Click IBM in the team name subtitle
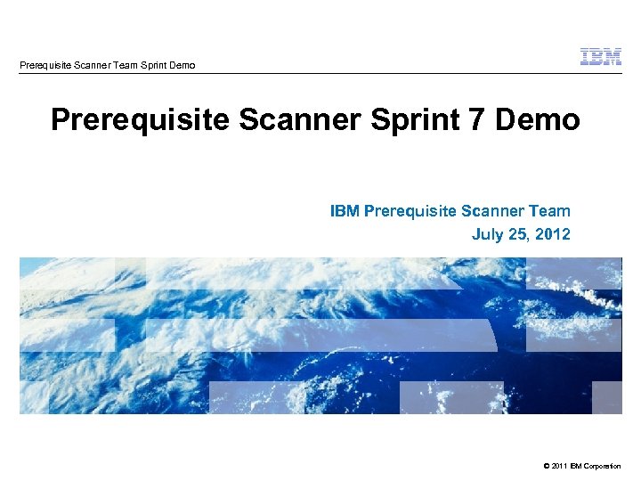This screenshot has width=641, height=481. tap(344, 211)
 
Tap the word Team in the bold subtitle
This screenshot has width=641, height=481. tap(550, 211)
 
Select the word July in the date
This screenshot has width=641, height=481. tap(487, 234)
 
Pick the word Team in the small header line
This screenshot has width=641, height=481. tap(127, 65)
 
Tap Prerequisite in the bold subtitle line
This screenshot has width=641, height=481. tap(410, 211)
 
